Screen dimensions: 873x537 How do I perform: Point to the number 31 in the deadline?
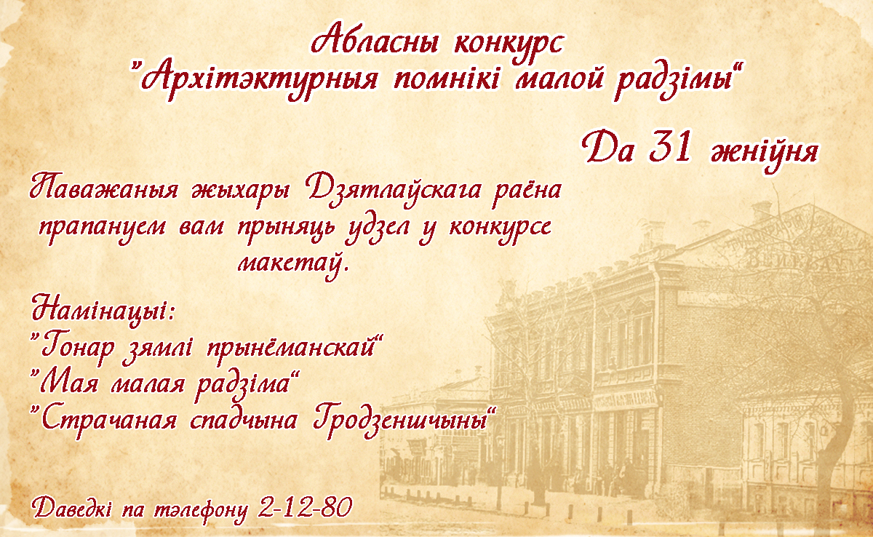(x=669, y=147)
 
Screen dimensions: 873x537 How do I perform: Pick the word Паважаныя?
(x=103, y=190)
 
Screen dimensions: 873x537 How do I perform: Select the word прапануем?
(x=102, y=228)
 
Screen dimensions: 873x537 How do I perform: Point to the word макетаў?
(x=292, y=264)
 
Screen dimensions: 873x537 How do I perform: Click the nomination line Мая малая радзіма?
(x=166, y=384)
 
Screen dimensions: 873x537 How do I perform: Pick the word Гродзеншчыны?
(x=402, y=421)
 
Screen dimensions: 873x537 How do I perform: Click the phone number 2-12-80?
(x=305, y=507)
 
